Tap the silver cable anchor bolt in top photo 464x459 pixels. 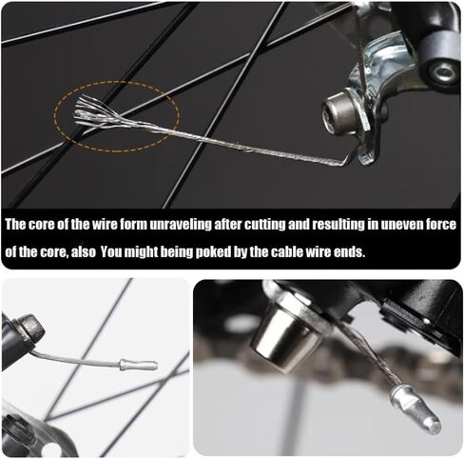pos(340,111)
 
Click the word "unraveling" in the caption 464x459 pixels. pos(180,225)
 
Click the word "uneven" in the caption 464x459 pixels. pos(400,225)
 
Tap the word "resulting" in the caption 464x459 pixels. pos(338,225)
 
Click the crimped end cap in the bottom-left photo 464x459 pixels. pos(138,365)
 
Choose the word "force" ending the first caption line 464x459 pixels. pos(440,225)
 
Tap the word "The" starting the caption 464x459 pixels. pos(16,225)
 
